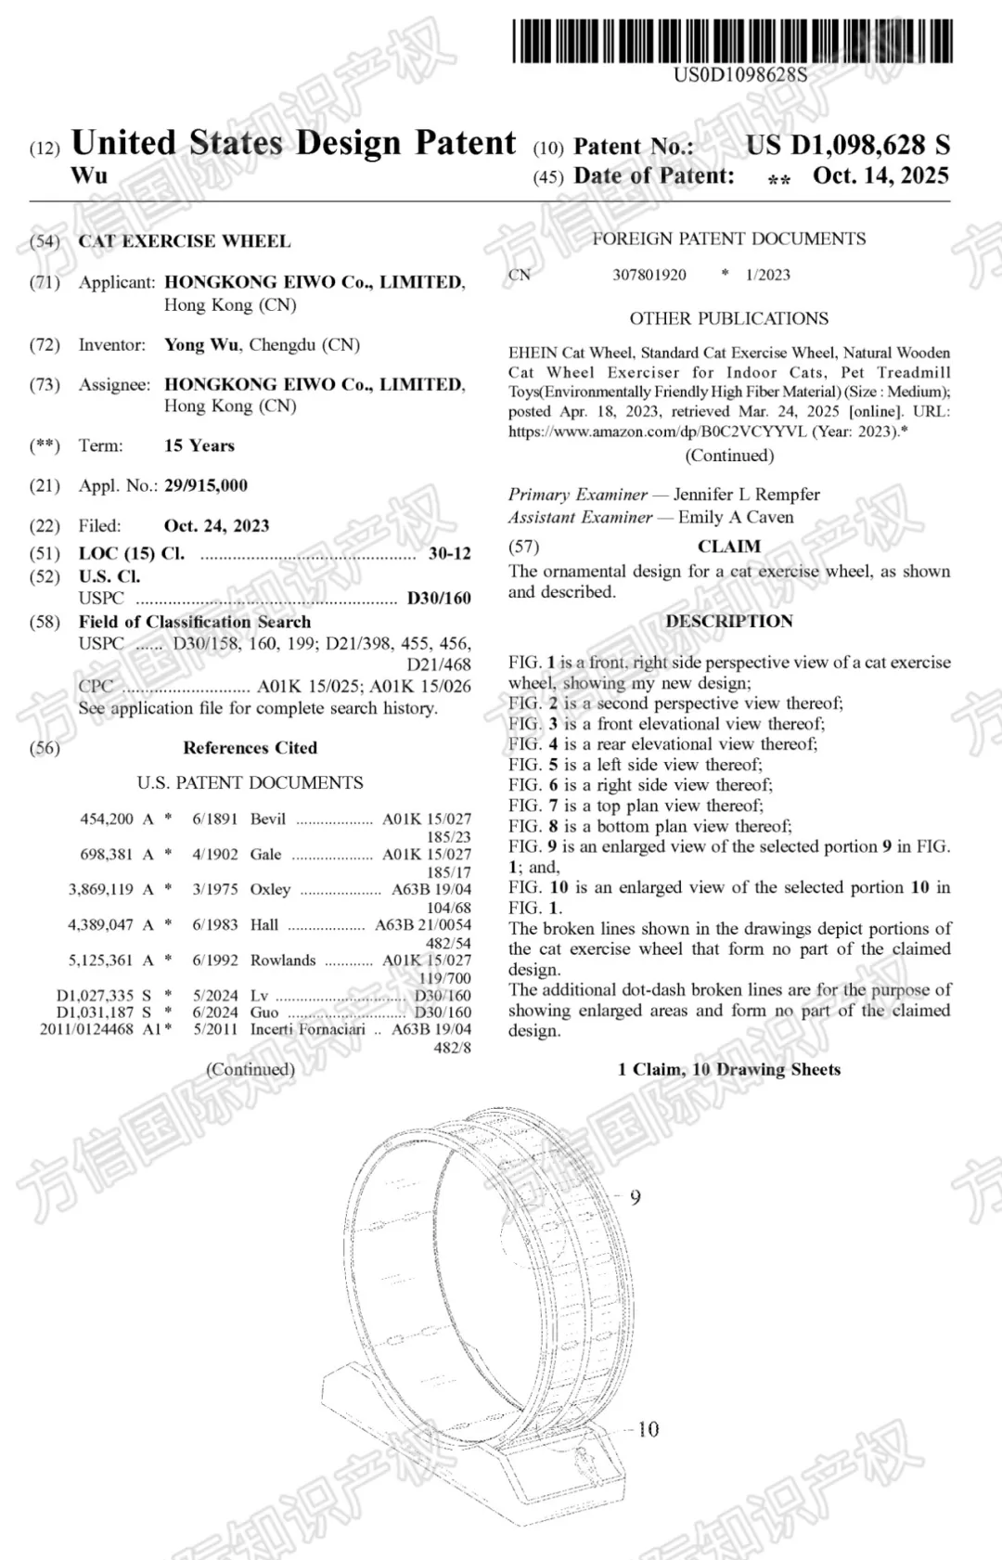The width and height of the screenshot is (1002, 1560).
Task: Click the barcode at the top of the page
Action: tap(732, 41)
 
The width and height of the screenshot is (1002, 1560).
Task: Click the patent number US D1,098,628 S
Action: tap(847, 145)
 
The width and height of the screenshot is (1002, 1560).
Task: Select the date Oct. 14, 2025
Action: tap(880, 175)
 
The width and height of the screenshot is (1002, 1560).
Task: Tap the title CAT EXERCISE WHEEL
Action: tap(185, 241)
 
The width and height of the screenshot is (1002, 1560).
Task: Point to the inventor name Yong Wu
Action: tap(201, 344)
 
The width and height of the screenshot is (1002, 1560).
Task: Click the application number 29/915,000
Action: tap(206, 485)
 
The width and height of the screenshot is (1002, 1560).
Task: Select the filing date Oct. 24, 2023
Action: tap(216, 525)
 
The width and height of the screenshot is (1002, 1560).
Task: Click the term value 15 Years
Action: tap(199, 445)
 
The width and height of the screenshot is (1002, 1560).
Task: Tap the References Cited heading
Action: tap(250, 748)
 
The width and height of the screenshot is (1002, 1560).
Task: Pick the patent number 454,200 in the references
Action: tap(107, 819)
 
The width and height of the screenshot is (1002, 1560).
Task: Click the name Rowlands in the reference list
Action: tap(283, 960)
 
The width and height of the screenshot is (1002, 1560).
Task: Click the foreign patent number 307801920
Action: tap(649, 275)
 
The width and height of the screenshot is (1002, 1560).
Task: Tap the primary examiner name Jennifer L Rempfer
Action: tap(747, 495)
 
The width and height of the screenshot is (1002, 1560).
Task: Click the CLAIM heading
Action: tap(729, 547)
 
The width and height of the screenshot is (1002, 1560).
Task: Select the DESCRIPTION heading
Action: tap(729, 621)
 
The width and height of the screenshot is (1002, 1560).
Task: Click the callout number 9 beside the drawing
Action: tap(636, 1197)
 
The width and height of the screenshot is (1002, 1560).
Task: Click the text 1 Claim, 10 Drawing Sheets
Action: tap(729, 1069)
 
